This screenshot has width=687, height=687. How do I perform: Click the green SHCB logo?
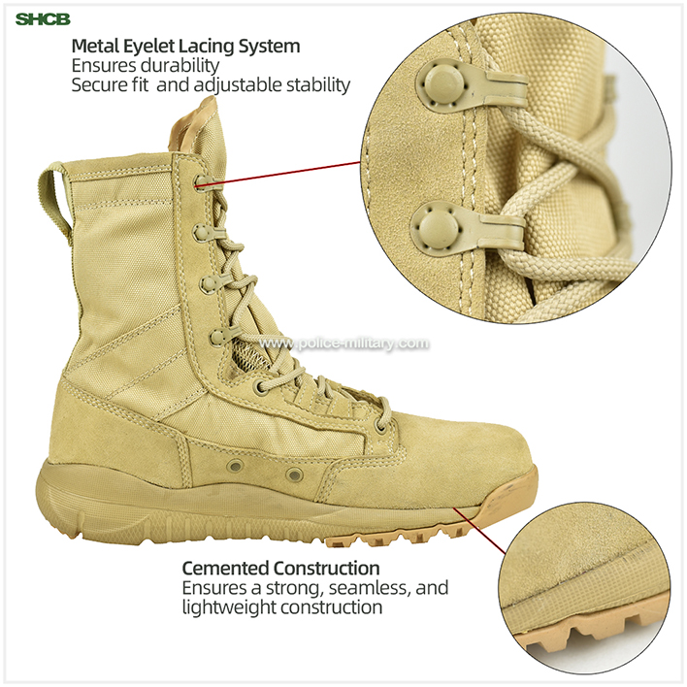click(43, 19)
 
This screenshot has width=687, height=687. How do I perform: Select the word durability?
click(180, 65)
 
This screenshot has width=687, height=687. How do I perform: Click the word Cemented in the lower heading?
click(226, 569)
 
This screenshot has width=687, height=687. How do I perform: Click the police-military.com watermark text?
click(343, 343)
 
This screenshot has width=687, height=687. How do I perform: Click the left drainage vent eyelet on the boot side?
click(235, 466)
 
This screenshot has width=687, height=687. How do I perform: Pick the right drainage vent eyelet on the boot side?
click(294, 474)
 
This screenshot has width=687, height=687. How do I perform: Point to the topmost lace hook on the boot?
click(204, 180)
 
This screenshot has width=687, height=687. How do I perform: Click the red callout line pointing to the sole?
click(479, 531)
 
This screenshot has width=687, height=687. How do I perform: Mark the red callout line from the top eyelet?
click(278, 175)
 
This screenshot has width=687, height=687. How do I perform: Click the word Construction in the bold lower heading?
click(326, 569)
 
